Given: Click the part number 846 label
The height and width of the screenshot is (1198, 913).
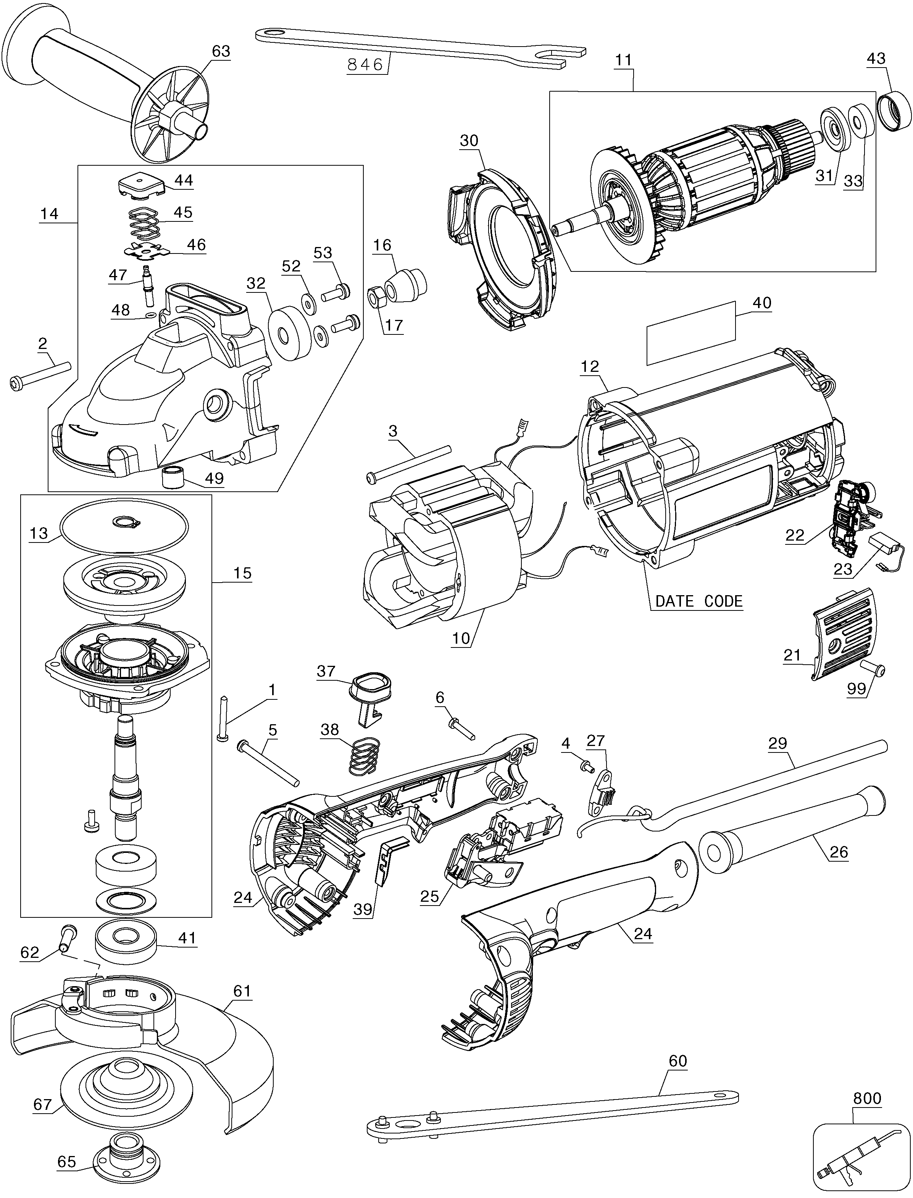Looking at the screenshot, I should coord(365,65).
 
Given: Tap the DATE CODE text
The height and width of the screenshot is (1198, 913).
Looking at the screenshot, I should coord(698,601).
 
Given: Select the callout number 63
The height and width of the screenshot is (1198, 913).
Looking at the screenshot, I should coord(221,51).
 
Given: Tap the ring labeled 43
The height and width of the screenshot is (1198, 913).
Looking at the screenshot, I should coord(895,112).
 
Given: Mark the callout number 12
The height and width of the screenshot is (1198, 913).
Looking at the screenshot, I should coord(590,367).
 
